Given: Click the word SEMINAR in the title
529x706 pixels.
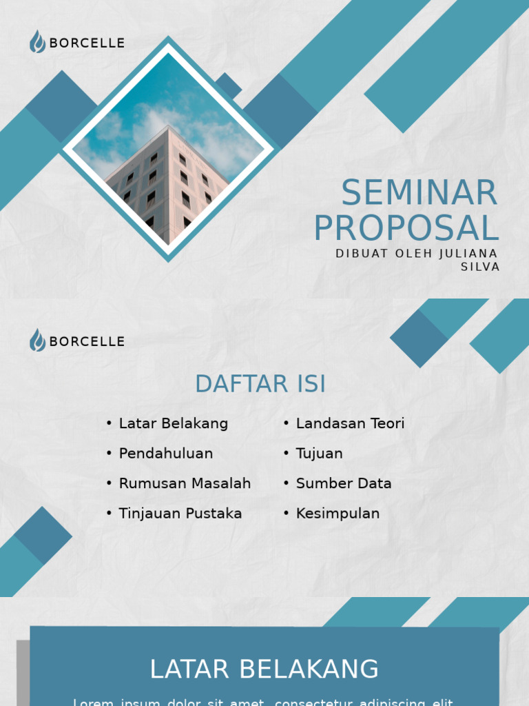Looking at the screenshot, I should click(419, 193).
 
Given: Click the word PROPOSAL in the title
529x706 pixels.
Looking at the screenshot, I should click(406, 229).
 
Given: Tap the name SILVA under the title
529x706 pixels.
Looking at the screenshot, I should click(480, 267).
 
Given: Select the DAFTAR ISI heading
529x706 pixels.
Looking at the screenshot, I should click(260, 384).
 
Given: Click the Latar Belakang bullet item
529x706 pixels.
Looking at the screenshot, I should click(173, 423).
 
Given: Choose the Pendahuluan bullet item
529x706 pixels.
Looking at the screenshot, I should click(165, 454).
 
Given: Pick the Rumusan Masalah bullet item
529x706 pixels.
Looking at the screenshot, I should click(185, 483).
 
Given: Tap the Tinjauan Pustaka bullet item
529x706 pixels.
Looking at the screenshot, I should click(180, 514).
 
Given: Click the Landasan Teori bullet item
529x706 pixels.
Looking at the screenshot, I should click(350, 423).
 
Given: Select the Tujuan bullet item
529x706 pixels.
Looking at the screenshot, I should click(319, 454).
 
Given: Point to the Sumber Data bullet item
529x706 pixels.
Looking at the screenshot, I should click(344, 483).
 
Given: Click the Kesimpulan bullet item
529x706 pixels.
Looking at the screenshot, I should click(338, 514).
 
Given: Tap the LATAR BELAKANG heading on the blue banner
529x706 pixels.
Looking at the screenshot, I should click(264, 669).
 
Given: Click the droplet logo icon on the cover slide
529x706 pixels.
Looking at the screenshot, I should click(37, 42).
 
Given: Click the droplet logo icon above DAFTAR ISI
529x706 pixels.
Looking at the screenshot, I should click(37, 340).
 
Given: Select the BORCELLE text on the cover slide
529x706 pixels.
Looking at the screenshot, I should click(87, 43).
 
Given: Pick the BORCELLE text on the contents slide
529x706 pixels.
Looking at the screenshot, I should click(87, 341).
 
